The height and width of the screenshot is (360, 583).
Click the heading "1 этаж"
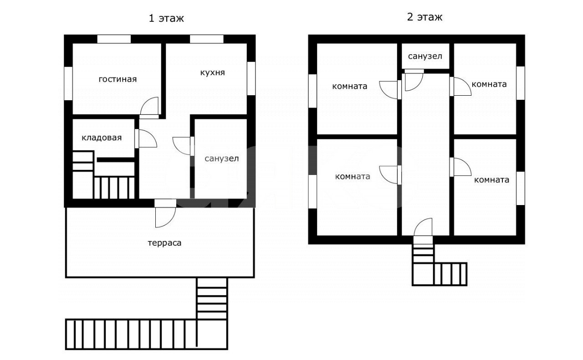pos(166,18)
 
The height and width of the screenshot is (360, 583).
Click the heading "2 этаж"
pos(424,17)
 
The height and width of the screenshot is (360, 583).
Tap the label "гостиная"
pos(118,79)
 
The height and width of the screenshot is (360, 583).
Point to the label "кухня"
pos(212,72)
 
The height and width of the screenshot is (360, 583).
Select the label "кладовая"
pos(102,138)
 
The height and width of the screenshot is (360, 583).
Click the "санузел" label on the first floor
pos(221,159)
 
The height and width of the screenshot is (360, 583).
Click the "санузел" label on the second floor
pos(425,56)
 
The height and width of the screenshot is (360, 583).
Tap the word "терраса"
pos(164,243)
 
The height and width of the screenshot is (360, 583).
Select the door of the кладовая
pos(146,139)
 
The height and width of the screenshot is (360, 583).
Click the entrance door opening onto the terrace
pos(165,214)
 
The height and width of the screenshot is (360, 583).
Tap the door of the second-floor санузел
pos(414,80)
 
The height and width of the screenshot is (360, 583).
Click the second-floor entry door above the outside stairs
pos(423,227)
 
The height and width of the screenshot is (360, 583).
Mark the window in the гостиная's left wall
pos(68,83)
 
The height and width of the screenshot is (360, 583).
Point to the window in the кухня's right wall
pos(251,78)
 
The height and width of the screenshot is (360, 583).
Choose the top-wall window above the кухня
pos(207,39)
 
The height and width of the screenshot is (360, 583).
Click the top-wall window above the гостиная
pos(114,39)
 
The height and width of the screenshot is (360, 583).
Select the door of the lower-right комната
pos(460,167)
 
